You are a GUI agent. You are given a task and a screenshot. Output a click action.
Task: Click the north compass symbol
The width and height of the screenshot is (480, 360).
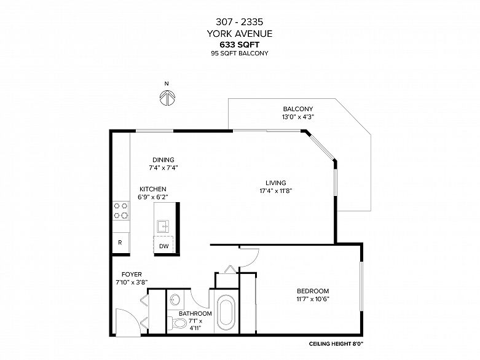[x=167, y=98]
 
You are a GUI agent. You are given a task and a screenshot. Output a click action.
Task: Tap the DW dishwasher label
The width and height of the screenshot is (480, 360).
[x=163, y=246]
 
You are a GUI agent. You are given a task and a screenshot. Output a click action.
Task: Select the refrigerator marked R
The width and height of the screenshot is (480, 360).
[x=120, y=243]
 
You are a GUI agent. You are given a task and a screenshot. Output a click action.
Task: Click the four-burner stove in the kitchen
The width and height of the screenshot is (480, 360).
[x=121, y=211]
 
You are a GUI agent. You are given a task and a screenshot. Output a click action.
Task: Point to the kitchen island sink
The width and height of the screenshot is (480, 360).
[x=163, y=227]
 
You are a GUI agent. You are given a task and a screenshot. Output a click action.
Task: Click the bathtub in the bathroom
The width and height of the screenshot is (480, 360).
[x=226, y=312]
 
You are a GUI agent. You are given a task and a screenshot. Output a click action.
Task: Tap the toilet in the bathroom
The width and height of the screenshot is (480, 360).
[x=178, y=323]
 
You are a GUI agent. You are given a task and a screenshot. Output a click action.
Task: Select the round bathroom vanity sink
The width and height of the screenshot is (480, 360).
[x=175, y=300]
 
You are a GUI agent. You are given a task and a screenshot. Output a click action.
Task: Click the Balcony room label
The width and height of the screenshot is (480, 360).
[x=298, y=109]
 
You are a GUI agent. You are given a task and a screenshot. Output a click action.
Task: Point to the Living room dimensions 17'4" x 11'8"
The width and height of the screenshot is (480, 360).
[x=276, y=191]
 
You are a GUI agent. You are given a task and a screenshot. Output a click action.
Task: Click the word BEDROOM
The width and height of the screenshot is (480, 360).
[x=313, y=291]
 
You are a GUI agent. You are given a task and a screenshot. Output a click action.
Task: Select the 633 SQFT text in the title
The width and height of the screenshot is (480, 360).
[x=240, y=45]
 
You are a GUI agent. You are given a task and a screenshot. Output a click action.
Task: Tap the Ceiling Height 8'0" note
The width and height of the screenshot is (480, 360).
[x=336, y=344]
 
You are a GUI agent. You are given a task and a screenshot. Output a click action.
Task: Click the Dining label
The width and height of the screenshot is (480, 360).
[x=163, y=160]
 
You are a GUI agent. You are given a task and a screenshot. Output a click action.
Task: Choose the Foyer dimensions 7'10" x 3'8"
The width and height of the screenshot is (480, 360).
[x=132, y=283]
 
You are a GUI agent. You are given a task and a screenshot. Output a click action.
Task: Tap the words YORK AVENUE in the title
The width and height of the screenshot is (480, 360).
[x=240, y=33]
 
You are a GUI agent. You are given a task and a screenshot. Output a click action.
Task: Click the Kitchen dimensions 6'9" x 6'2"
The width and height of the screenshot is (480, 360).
[x=153, y=197]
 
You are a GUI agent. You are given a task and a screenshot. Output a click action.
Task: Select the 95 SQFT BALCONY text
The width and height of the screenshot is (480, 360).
[x=240, y=53]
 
